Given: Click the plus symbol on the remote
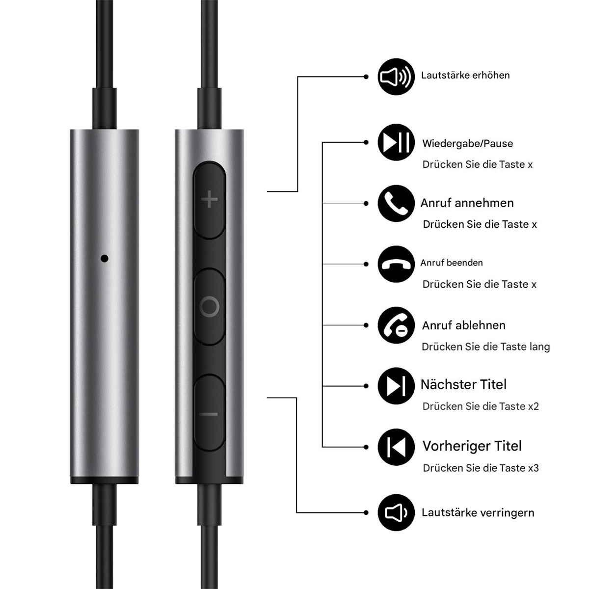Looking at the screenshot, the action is click(210, 199).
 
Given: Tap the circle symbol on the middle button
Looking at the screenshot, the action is click(210, 307).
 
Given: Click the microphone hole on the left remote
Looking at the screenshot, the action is click(105, 258).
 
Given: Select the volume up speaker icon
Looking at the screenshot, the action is click(396, 77).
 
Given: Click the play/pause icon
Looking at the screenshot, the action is click(396, 142).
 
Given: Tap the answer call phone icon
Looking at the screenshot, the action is click(396, 203).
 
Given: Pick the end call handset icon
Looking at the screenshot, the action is click(396, 264).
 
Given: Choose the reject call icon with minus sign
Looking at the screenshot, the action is click(396, 325).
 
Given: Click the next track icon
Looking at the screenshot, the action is click(396, 386).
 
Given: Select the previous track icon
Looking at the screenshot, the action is click(396, 447).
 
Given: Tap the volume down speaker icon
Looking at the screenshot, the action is click(396, 512).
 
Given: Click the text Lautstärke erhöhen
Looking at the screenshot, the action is click(465, 75).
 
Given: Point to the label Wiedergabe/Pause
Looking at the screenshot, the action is click(468, 144).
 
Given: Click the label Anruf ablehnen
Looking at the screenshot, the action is click(464, 325).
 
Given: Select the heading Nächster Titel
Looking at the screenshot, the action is click(463, 384).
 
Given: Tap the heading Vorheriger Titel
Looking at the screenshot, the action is click(472, 446).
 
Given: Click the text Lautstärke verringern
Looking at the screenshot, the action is click(478, 512).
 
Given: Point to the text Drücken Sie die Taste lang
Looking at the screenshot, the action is click(486, 347).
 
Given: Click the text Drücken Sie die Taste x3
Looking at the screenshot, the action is click(481, 468).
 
